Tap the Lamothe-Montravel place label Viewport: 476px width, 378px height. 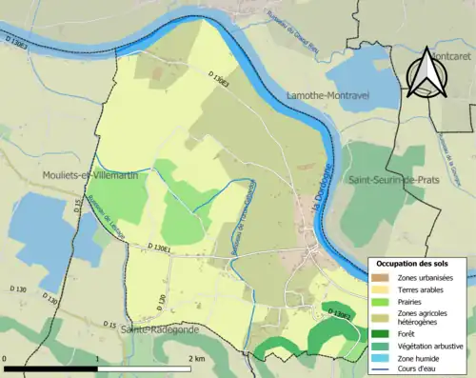click(327, 97)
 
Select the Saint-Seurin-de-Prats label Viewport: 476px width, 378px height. click(391, 179)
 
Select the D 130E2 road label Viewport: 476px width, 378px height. click(340, 311)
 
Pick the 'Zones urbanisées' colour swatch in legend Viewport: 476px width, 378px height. click(382, 277)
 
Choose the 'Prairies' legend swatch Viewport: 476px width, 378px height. click(382, 301)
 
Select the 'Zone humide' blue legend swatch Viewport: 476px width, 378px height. click(382, 357)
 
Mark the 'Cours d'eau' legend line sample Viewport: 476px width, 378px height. click(382, 368)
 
